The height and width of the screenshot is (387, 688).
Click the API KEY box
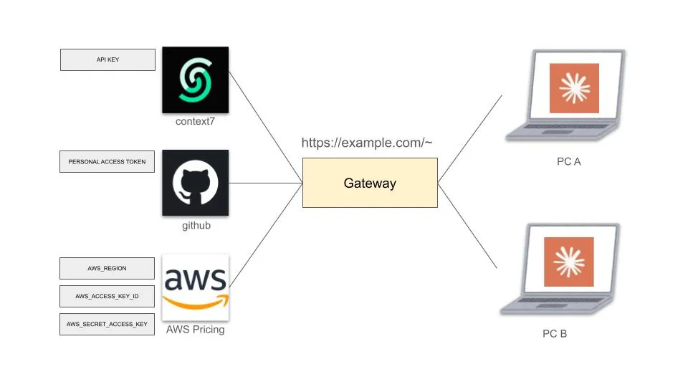[107, 59]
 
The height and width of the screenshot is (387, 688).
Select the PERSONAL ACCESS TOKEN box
[107, 162]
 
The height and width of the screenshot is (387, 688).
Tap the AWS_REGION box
[107, 268]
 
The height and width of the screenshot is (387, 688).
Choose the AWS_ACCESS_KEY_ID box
[107, 296]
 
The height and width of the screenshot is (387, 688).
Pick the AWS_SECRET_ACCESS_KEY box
[107, 324]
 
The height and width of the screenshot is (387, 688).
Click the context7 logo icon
[195, 80]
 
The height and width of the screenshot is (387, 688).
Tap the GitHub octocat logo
[195, 183]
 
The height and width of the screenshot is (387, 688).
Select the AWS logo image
[195, 287]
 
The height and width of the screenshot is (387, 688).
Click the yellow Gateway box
[370, 183]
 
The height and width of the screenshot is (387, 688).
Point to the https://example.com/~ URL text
[366, 143]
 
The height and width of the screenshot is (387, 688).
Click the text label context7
[195, 122]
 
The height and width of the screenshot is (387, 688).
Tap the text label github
[196, 226]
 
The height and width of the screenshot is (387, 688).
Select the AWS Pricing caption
[195, 330]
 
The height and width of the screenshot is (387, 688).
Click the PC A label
[568, 161]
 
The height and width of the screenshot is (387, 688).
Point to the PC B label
[554, 333]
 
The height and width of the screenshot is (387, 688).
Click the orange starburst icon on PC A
[573, 88]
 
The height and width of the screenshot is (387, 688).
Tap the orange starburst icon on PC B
[568, 262]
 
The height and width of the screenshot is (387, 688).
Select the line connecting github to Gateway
[265, 183]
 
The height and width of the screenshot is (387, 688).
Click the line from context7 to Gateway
[265, 125]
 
